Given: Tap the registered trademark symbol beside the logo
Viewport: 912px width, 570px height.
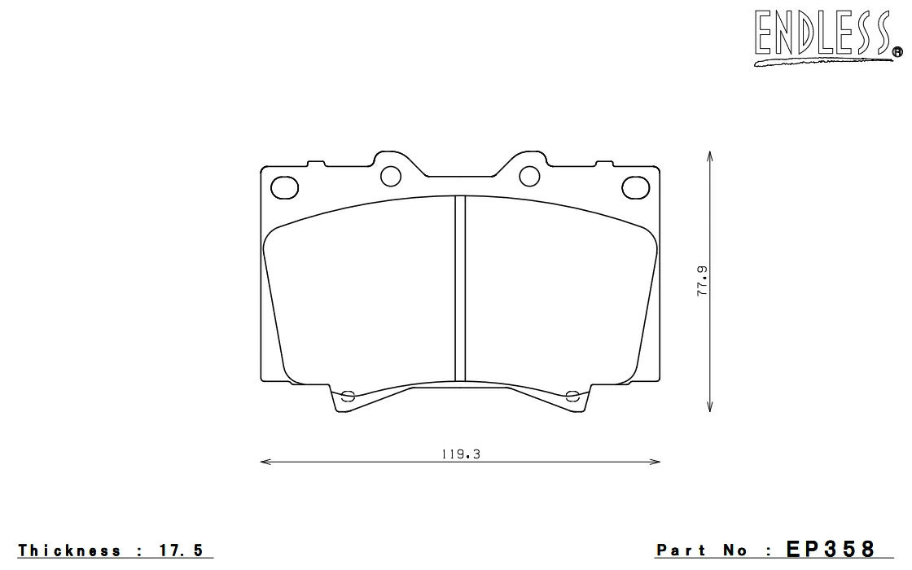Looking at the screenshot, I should (897, 52).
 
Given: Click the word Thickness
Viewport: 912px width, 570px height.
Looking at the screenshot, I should (69, 551).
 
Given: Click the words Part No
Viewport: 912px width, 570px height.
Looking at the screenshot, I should (702, 551).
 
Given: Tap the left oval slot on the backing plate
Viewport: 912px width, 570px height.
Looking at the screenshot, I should (283, 186).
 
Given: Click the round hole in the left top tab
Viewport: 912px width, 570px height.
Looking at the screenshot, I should (392, 174).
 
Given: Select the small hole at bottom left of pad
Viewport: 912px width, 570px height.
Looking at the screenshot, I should (348, 397).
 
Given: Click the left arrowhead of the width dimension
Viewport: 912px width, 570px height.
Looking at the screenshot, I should (263, 463).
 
